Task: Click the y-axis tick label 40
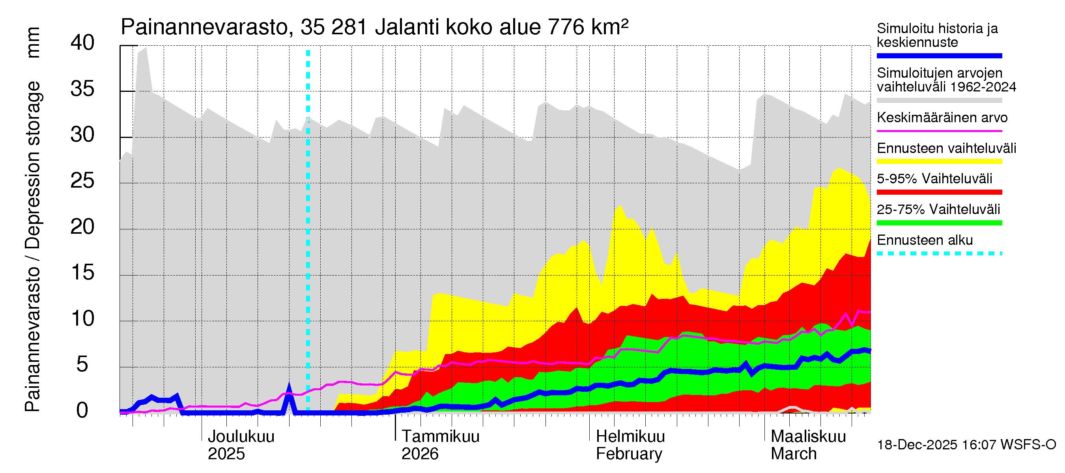click(83, 43)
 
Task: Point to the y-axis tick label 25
click(83, 181)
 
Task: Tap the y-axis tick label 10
click(83, 319)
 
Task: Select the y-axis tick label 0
click(83, 411)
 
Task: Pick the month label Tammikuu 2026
click(440, 445)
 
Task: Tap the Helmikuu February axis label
click(630, 445)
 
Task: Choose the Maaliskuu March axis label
click(808, 445)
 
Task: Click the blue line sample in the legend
click(939, 56)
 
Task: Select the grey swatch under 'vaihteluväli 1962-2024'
click(939, 101)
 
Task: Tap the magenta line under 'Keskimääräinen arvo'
click(939, 131)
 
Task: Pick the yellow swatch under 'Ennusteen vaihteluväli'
click(939, 162)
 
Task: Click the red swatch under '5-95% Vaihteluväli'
click(939, 192)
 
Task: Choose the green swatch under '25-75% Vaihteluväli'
click(939, 223)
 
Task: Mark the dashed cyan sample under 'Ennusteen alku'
click(939, 253)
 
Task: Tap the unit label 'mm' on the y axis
click(33, 43)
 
